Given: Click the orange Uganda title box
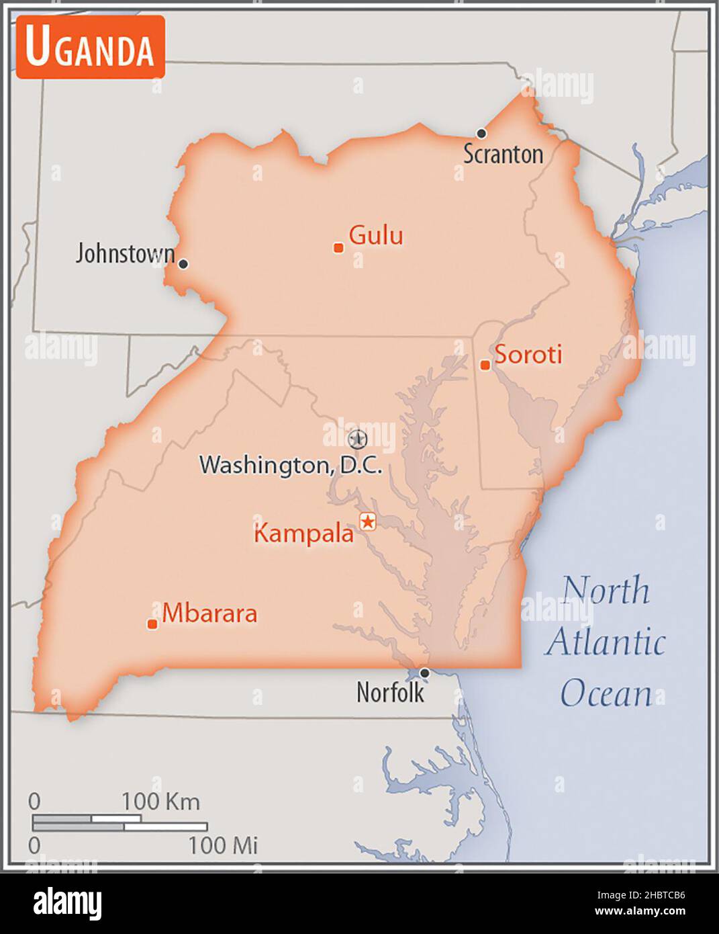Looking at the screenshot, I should click(x=91, y=47).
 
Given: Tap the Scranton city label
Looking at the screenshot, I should click(x=503, y=155).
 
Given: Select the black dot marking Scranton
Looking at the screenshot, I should click(x=481, y=133).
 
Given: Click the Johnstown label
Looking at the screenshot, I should click(x=125, y=254).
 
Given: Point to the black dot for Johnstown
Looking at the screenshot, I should click(x=183, y=264).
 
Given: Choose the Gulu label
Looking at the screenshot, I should click(x=376, y=235).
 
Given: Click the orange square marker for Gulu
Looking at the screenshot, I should click(x=339, y=248).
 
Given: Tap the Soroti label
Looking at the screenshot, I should click(x=528, y=354).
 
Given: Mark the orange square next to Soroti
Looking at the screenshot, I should click(x=485, y=365).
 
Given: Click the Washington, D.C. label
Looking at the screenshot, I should click(x=291, y=464).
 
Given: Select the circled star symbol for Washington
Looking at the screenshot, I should click(x=358, y=439).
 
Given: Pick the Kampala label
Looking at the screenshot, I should click(x=303, y=534).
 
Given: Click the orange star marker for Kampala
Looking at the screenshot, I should click(x=368, y=521).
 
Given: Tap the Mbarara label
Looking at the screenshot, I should click(x=209, y=613).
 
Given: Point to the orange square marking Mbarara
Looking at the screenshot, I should click(x=152, y=624).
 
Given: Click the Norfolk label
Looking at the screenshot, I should click(x=390, y=692).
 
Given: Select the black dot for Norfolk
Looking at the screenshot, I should click(x=424, y=673).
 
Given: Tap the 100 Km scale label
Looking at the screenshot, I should click(x=160, y=801).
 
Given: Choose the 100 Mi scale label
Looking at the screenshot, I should click(x=223, y=845).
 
